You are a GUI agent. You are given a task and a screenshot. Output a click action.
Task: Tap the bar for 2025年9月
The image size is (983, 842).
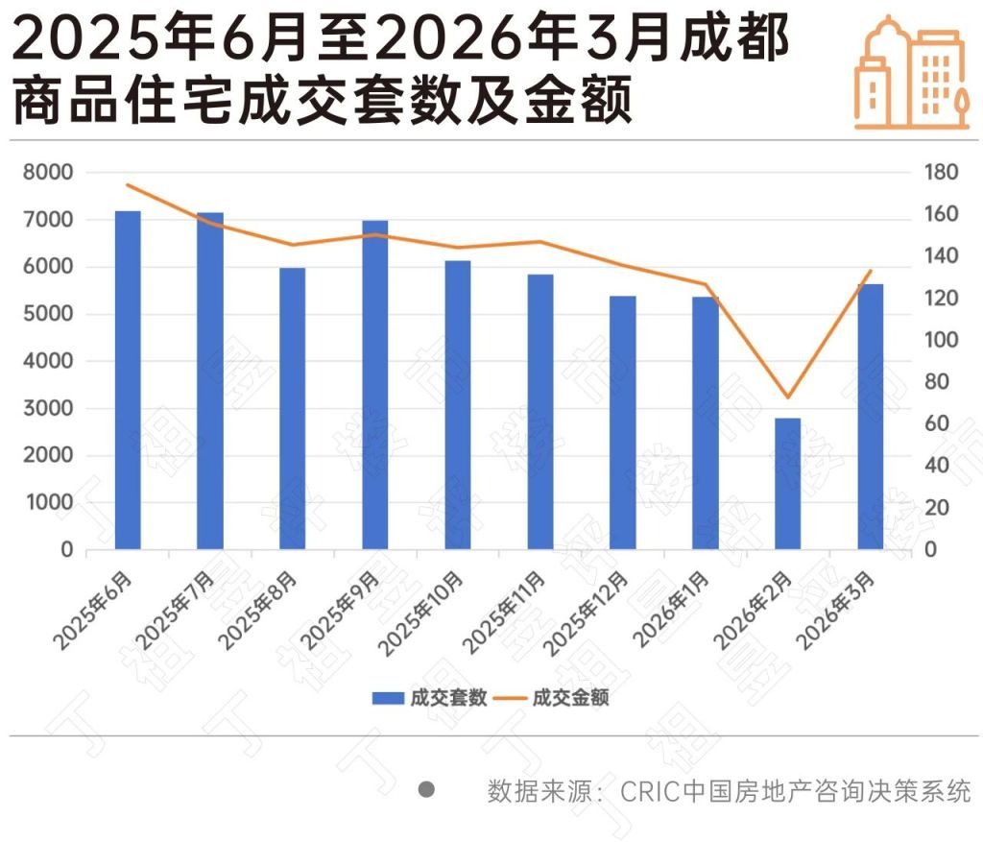(x=375, y=384)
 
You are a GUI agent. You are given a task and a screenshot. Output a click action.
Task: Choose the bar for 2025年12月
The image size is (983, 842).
(x=623, y=421)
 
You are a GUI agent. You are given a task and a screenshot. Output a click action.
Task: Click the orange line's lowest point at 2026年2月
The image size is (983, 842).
(x=787, y=397)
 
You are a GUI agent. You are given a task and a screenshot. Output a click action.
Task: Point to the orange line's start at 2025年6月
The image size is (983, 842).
(x=128, y=184)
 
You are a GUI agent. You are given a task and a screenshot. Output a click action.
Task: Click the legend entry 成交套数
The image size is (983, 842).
(x=432, y=698)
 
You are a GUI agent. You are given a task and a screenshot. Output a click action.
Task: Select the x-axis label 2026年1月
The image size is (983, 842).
(x=672, y=609)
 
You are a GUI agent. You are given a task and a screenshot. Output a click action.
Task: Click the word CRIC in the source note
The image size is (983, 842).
(x=649, y=791)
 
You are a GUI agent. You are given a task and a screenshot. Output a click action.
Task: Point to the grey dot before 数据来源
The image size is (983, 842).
(x=427, y=790)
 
